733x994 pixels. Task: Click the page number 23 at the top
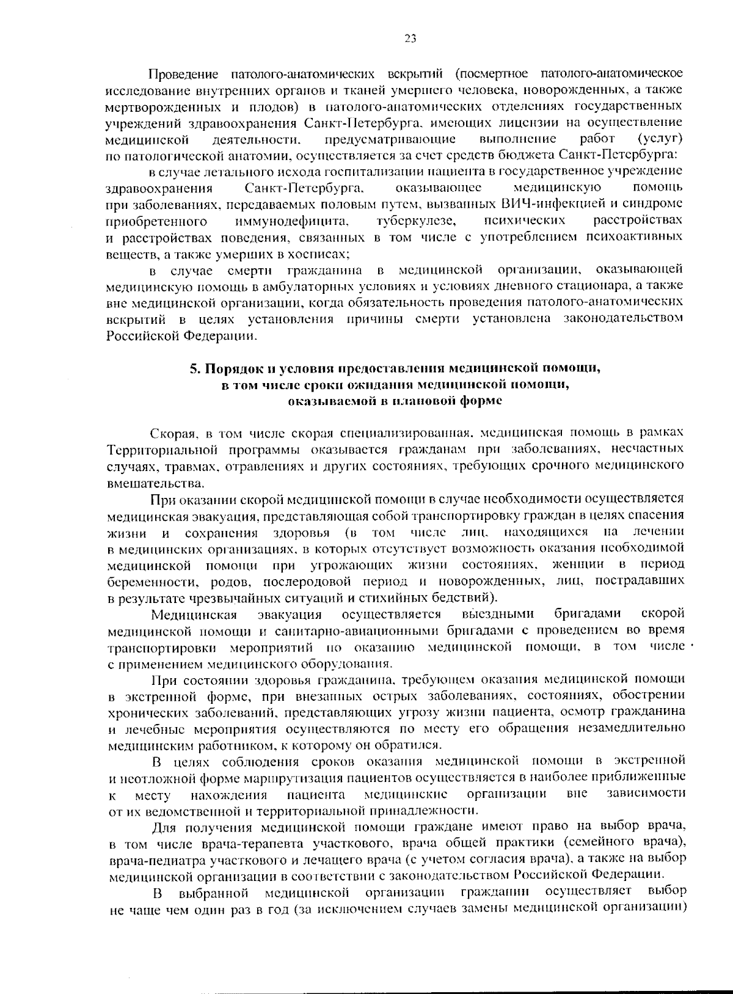410,38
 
